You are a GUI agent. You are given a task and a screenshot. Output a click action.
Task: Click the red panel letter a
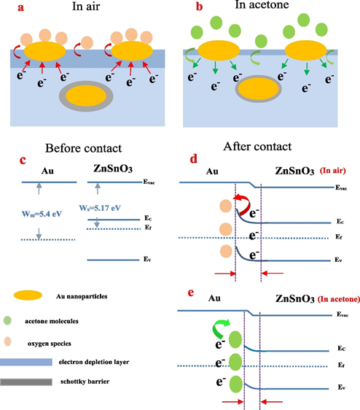pos(21,7)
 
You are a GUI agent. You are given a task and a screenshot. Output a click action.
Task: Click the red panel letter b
pos(200,7)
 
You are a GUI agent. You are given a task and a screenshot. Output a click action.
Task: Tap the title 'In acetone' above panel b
pos(262,4)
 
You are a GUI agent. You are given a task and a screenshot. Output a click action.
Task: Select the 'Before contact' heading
pos(83,148)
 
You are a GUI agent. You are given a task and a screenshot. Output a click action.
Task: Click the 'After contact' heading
pos(257,147)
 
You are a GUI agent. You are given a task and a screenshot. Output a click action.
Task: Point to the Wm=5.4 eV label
pos(42,214)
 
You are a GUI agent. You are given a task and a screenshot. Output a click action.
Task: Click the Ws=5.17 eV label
pos(100,208)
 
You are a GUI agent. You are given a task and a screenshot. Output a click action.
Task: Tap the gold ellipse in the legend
pos(28,295)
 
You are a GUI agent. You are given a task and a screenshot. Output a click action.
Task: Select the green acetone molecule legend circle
pos(7,320)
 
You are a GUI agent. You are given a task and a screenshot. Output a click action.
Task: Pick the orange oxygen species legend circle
pos(8,341)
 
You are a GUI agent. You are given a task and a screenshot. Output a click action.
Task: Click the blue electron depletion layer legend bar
pos(26,362)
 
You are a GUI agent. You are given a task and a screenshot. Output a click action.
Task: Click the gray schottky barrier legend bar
pos(26,382)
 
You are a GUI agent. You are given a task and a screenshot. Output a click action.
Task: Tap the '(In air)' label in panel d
pos(333,171)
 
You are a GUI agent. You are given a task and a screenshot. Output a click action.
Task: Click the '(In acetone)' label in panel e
pos(339,299)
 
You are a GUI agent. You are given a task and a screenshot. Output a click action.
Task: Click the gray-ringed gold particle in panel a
pos(86,96)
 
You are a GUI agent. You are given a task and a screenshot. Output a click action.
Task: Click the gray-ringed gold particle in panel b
pos(258,88)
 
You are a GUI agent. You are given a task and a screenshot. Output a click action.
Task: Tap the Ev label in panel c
pos(147,259)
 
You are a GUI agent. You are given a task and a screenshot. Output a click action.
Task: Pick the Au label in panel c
pos(47,171)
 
